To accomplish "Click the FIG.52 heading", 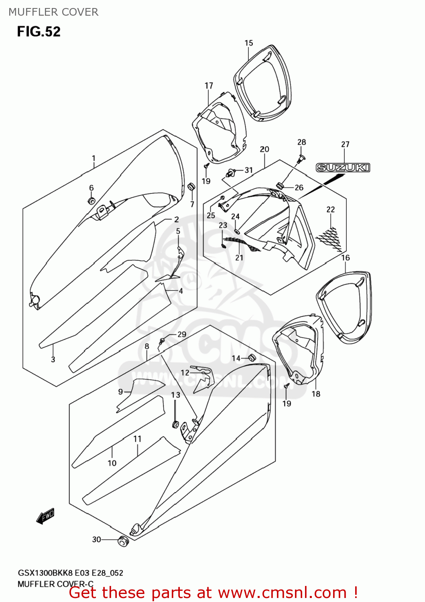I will click(x=39, y=32).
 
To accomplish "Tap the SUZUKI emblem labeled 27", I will click(x=343, y=167).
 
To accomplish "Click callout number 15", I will click(x=249, y=43).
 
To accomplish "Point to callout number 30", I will click(x=97, y=539).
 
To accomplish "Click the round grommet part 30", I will click(x=123, y=541).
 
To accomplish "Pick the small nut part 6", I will click(x=92, y=201).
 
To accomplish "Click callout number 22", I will click(x=331, y=209).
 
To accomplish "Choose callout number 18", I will click(x=316, y=394).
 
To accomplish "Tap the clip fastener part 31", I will click(x=231, y=173).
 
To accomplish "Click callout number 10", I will click(x=112, y=463).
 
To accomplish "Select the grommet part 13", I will click(x=175, y=424).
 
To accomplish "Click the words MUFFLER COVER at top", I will click(x=53, y=12).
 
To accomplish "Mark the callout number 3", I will click(x=53, y=359).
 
